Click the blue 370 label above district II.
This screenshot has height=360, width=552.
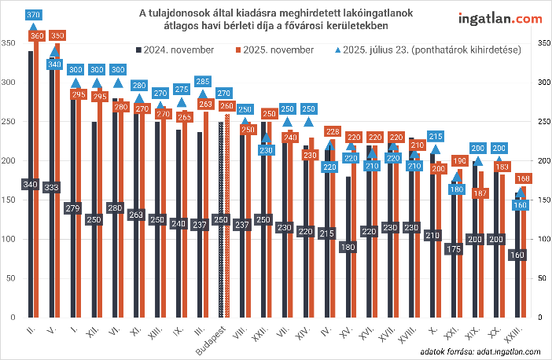(x=33, y=15)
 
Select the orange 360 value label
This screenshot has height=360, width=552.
(x=37, y=35)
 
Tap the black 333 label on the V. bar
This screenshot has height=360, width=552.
(x=52, y=187)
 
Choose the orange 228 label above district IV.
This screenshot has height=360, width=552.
(x=333, y=131)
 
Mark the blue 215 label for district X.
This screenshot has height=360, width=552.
(x=436, y=136)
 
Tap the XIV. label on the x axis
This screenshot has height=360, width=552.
(x=302, y=335)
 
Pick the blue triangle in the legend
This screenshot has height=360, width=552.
(x=329, y=50)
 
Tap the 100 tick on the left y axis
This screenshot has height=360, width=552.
(x=9, y=239)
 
